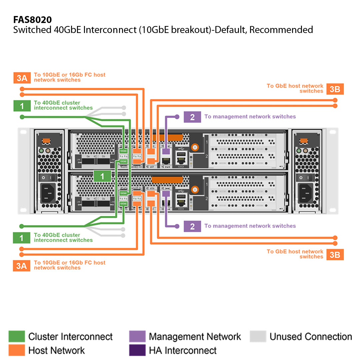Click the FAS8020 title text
pyautogui.click(x=32, y=20)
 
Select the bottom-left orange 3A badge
pyautogui.click(x=22, y=266)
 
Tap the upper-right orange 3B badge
pyautogui.click(x=335, y=89)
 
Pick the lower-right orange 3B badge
pyautogui.click(x=335, y=254)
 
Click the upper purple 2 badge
pyautogui.click(x=192, y=117)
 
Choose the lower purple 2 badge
pyautogui.click(x=192, y=226)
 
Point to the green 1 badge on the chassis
pyautogui.click(x=102, y=176)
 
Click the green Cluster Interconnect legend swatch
pyautogui.click(x=16, y=337)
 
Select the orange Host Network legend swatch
pyautogui.click(x=16, y=350)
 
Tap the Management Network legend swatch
pyautogui.click(x=137, y=337)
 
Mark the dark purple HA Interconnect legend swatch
pyautogui.click(x=137, y=350)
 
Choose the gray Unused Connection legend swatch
pyautogui.click(x=258, y=337)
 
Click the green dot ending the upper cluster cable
pyautogui.click(x=22, y=117)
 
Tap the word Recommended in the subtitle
pyautogui.click(x=281, y=30)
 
